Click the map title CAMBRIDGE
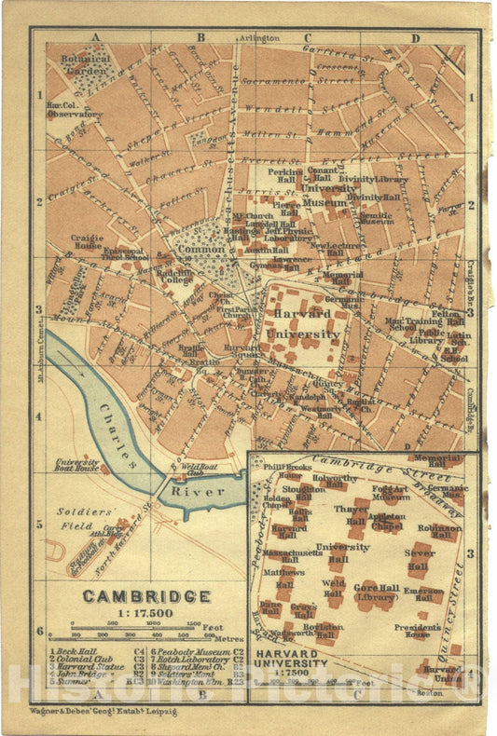(146, 595)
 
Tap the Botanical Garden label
(85, 63)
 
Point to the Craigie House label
(87, 242)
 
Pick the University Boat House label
(77, 465)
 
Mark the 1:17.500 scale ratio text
(146, 613)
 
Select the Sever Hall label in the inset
(420, 559)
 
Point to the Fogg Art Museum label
(391, 492)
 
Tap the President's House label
(417, 631)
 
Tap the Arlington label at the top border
(262, 37)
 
